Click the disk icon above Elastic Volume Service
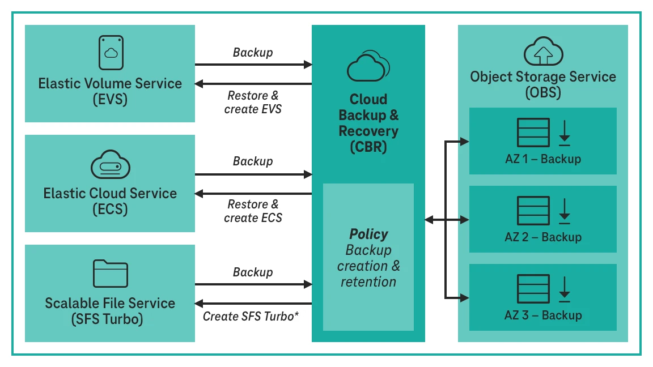[110, 52]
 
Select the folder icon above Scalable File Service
[110, 274]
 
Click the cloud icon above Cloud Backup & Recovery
[368, 66]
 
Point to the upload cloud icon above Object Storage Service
[543, 53]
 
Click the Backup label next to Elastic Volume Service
[253, 53]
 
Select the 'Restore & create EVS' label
[253, 103]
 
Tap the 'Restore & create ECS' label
[253, 211]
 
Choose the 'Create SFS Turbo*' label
[251, 316]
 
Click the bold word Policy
[368, 234]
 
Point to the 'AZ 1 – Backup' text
[542, 159]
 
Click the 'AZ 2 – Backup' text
[542, 237]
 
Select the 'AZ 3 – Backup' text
[542, 315]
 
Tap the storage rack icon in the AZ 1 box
[533, 133]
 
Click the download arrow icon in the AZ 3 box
[565, 289]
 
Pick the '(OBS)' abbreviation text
[542, 92]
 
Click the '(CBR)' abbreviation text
[368, 147]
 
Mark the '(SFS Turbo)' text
[107, 319]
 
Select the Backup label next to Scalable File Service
[253, 272]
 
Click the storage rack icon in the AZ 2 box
[533, 211]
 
